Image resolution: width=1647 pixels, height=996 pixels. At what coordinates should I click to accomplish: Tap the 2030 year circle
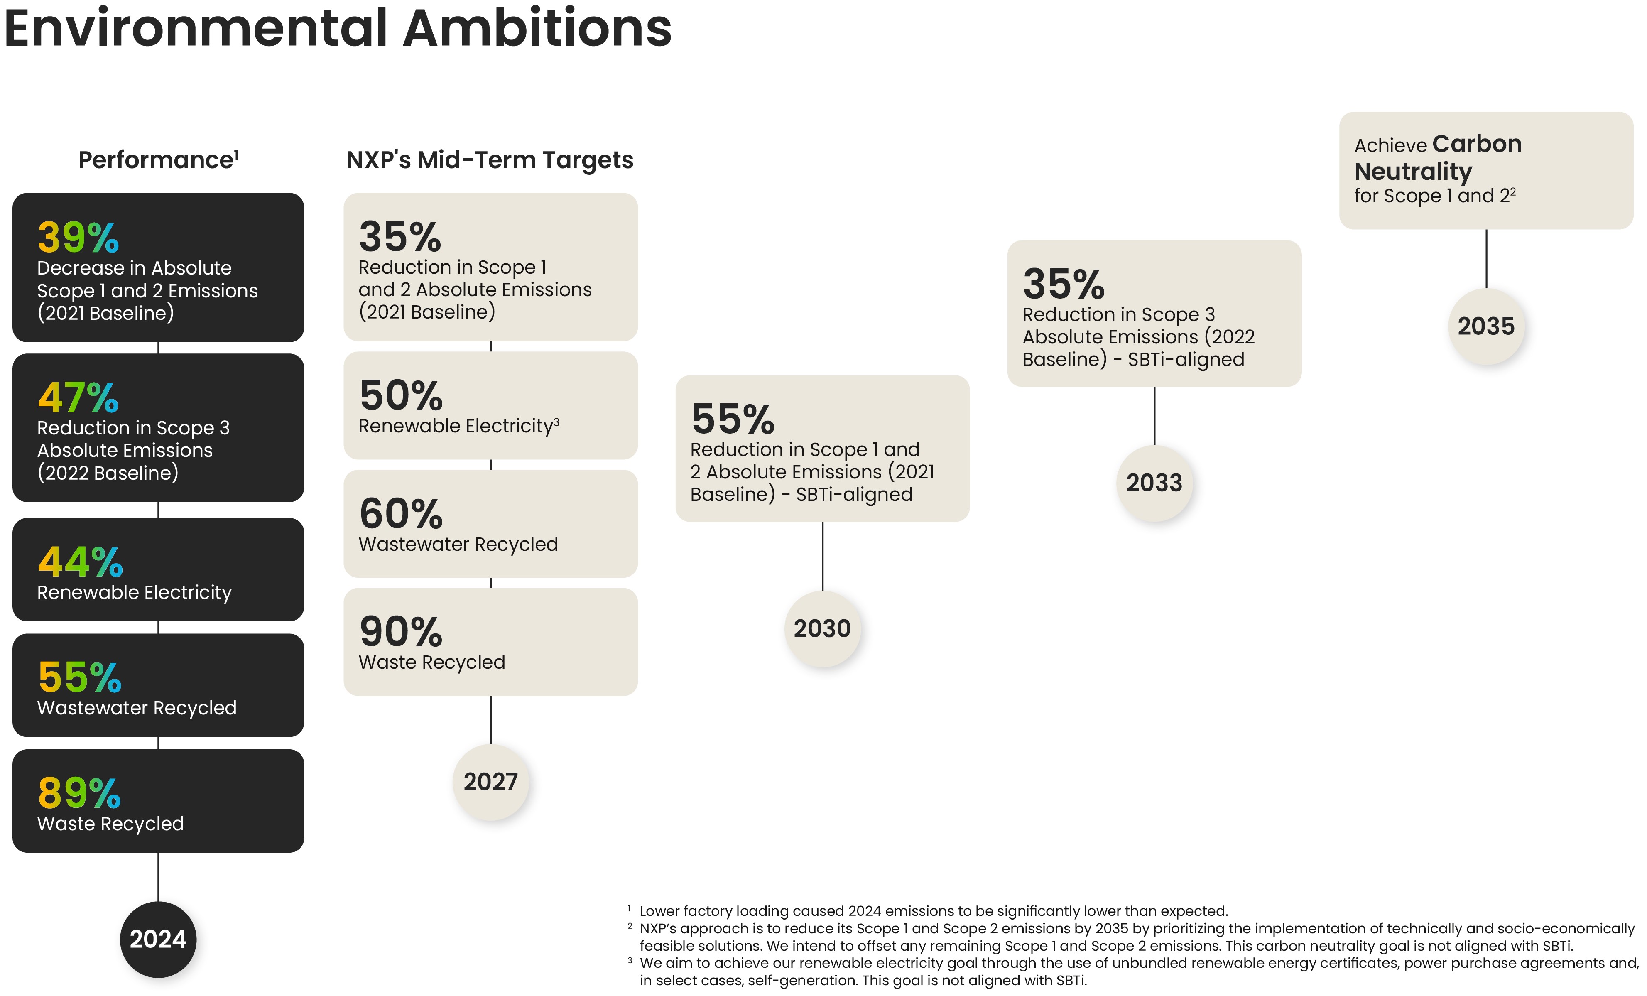pyautogui.click(x=822, y=628)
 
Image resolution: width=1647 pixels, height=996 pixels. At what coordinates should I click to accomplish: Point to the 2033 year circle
pyautogui.click(x=1154, y=483)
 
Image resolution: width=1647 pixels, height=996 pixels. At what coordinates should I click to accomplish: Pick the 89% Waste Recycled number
pyautogui.click(x=79, y=793)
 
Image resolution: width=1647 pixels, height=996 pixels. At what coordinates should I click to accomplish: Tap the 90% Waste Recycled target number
pyautogui.click(x=401, y=632)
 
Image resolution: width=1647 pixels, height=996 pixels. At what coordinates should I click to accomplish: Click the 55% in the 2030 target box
pyautogui.click(x=733, y=419)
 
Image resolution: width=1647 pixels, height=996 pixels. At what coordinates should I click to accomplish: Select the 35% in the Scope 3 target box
pyautogui.click(x=1064, y=284)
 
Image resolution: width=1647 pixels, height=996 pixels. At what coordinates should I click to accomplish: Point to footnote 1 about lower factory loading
pyautogui.click(x=932, y=911)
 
